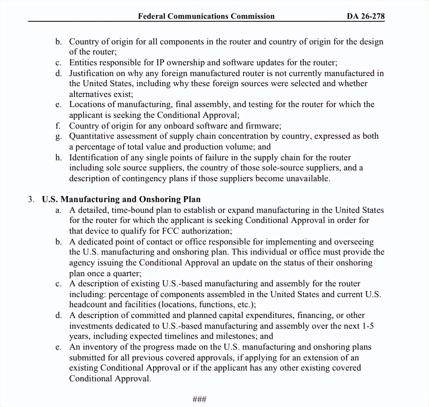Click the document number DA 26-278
[366, 16]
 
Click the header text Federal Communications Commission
[206, 16]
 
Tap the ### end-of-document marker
[199, 399]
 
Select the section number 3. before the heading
[31, 199]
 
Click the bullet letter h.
[58, 157]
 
